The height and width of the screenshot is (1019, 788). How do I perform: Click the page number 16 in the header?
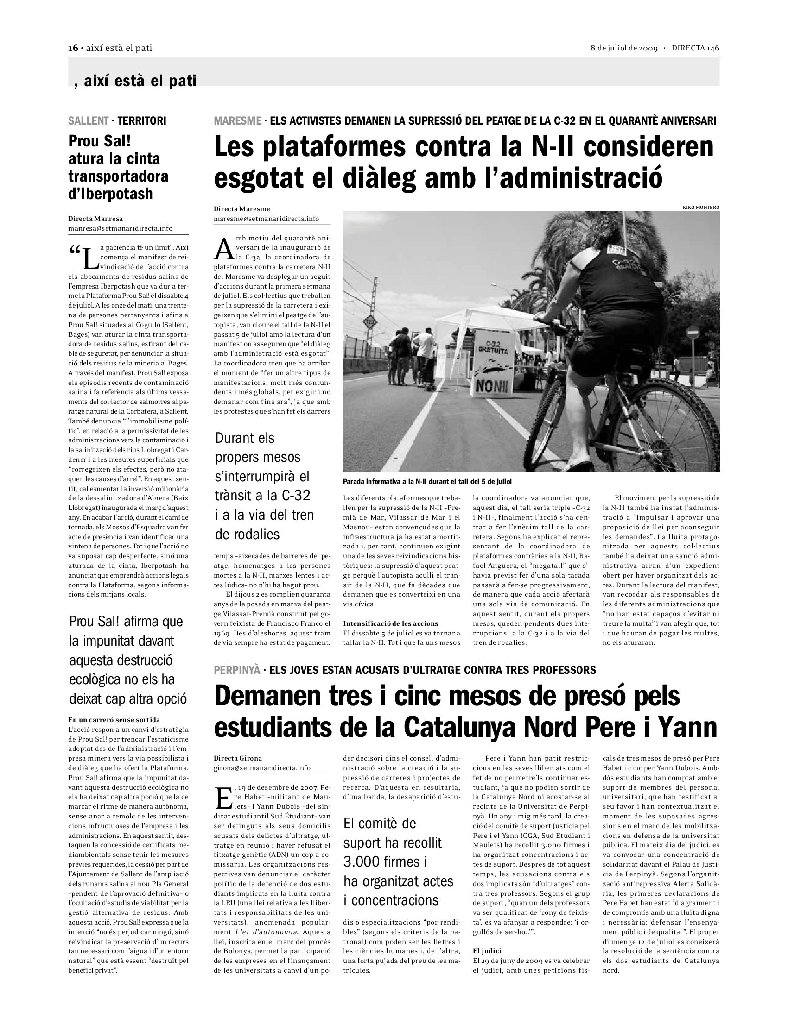click(72, 48)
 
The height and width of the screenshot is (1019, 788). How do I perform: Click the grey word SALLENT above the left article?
click(88, 121)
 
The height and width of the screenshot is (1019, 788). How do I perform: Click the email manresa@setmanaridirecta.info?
click(120, 228)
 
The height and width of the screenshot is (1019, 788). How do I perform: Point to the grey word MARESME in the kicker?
click(237, 121)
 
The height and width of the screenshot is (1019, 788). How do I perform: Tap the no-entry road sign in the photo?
click(694, 333)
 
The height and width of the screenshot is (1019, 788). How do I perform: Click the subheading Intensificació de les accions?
click(390, 623)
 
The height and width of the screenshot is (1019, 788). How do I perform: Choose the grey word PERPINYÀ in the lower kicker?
click(237, 671)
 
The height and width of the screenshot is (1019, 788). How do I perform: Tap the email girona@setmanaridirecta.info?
click(262, 768)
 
